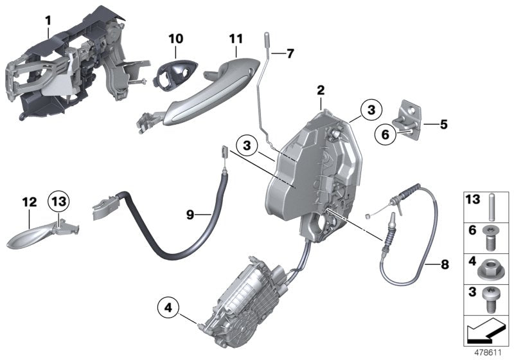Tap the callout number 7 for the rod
[290, 53]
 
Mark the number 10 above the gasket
[175, 39]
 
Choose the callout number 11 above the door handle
[236, 39]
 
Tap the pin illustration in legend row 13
[490, 205]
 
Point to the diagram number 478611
[488, 353]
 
